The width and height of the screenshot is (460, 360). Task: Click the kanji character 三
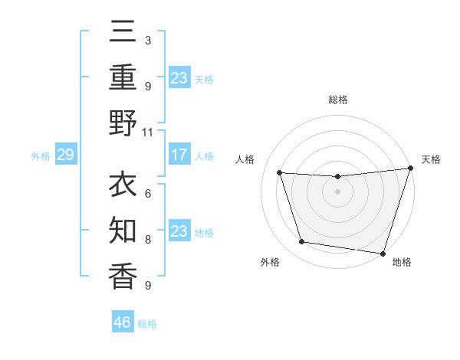pyautogui.click(x=123, y=34)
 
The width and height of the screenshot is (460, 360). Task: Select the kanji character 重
pyautogui.click(x=123, y=78)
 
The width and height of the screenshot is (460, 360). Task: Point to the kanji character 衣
pyautogui.click(x=123, y=186)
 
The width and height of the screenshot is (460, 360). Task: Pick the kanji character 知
pyautogui.click(x=123, y=231)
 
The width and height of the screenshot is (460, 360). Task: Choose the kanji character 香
pyautogui.click(x=123, y=276)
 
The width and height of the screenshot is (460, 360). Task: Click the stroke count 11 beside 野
pyautogui.click(x=148, y=132)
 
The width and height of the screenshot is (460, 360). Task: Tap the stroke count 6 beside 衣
pyautogui.click(x=148, y=195)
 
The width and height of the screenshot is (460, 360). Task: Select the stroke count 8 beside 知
pyautogui.click(x=148, y=240)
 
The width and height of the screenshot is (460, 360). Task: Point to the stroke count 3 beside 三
pyautogui.click(x=148, y=40)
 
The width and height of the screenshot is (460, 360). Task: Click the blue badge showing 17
pyautogui.click(x=179, y=155)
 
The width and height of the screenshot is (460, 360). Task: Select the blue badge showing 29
pyautogui.click(x=65, y=155)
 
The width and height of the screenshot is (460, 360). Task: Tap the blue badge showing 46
pyautogui.click(x=123, y=322)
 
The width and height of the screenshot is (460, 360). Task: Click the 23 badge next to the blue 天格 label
pyautogui.click(x=179, y=77)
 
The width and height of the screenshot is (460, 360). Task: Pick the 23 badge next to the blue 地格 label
pyautogui.click(x=179, y=231)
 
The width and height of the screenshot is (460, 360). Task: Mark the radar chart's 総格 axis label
pyautogui.click(x=338, y=100)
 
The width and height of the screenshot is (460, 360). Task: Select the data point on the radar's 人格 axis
pyautogui.click(x=280, y=173)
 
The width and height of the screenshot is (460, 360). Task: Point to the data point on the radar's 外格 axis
pyautogui.click(x=302, y=242)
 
